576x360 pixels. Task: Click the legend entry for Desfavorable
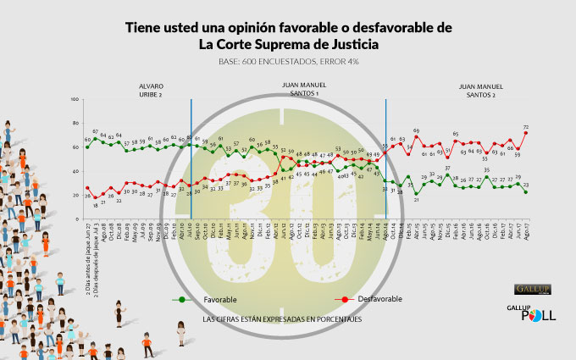pyautogui.click(x=373, y=299)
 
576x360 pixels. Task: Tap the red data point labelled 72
pyautogui.click(x=526, y=132)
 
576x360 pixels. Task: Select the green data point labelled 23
pyautogui.click(x=526, y=191)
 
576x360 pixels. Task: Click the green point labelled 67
pyautogui.click(x=95, y=139)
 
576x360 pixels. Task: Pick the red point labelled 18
pyautogui.click(x=95, y=197)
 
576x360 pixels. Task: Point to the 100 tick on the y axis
pyautogui.click(x=75, y=100)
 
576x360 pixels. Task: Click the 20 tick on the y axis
pyautogui.click(x=76, y=195)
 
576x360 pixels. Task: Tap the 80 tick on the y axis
pyautogui.click(x=76, y=124)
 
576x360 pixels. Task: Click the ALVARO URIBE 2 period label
pyautogui.click(x=151, y=90)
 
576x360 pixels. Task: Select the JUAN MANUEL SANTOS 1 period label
pyautogui.click(x=302, y=90)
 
